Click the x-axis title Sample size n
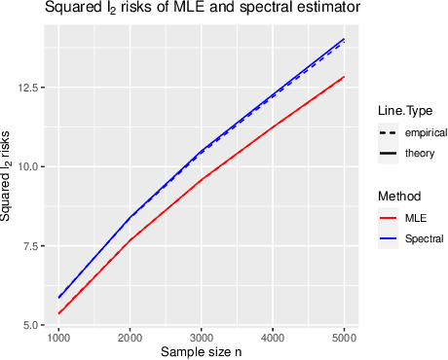coord(202,350)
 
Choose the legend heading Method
coord(398,196)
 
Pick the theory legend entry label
coord(421,153)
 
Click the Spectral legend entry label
coord(425,237)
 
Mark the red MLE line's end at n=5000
coord(344,77)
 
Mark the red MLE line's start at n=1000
coord(59,313)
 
